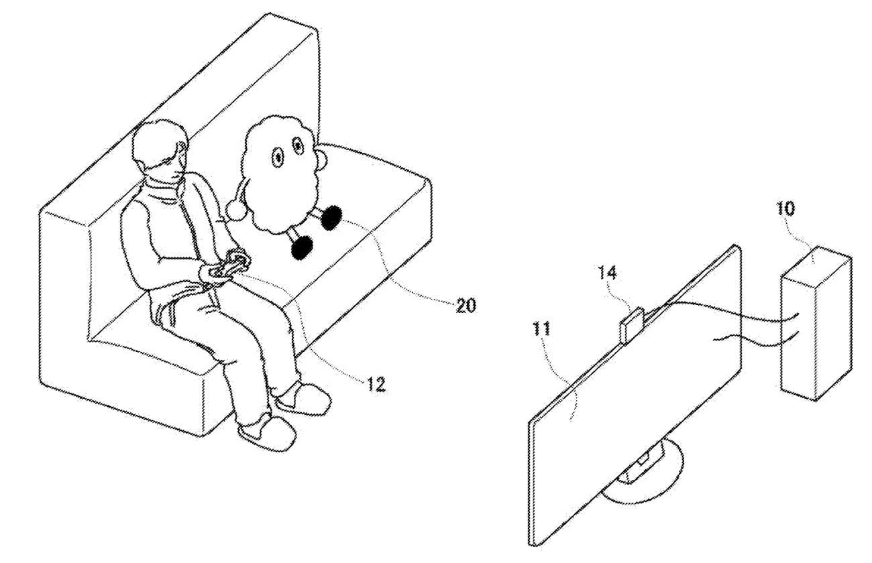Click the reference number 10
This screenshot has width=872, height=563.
click(786, 209)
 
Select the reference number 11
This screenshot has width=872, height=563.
click(542, 329)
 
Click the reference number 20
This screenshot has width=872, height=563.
click(465, 306)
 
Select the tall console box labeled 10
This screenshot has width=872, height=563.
click(816, 323)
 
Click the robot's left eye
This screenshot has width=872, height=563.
click(278, 158)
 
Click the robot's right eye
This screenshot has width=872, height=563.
click(298, 146)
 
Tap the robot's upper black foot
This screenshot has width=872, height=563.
click(331, 218)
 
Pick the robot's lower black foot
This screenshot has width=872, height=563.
click(302, 247)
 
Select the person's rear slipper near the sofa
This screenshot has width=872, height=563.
click(304, 399)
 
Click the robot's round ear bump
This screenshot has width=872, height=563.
click(323, 161)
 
